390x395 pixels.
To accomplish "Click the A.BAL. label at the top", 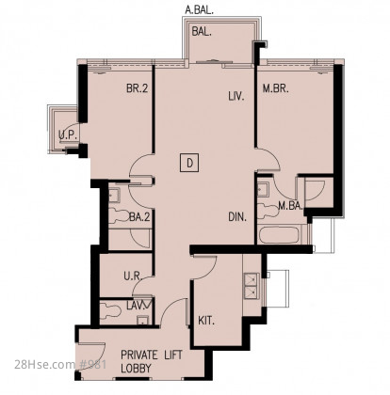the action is point(199,10).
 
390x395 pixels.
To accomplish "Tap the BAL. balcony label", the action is point(202,32).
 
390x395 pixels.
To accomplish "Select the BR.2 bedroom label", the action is point(137,88).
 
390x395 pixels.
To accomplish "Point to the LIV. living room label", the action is point(236,96).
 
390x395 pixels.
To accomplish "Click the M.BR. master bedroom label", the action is point(275,88).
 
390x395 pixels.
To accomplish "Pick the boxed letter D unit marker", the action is point(189,163).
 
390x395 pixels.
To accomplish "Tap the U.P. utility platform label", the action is point(68,135).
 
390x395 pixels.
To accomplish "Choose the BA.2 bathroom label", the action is point(139,217).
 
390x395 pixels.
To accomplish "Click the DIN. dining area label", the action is point(237,217).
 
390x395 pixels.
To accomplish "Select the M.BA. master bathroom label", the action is point(291,206).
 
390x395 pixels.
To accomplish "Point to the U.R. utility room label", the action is point(133,276).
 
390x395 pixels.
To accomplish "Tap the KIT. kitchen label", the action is point(206,321).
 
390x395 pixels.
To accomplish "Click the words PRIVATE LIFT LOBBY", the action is point(152,361).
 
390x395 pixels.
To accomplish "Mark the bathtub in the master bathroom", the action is point(279,235).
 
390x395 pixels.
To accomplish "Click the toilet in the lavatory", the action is point(110,311).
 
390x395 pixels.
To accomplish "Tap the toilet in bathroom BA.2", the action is point(119,216).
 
